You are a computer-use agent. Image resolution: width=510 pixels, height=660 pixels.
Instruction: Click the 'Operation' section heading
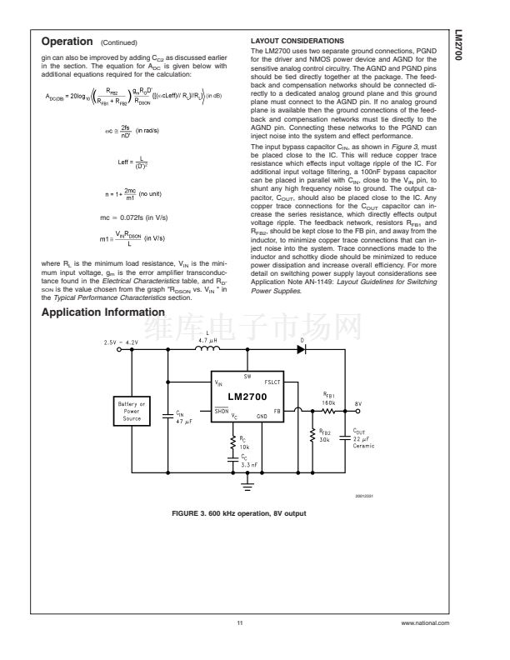click(x=67, y=41)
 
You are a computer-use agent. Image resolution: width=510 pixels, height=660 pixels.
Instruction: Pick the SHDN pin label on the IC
click(x=222, y=411)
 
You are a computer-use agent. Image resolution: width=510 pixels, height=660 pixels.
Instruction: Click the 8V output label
click(x=357, y=402)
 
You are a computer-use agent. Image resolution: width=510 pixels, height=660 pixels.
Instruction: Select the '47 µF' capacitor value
click(x=183, y=420)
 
